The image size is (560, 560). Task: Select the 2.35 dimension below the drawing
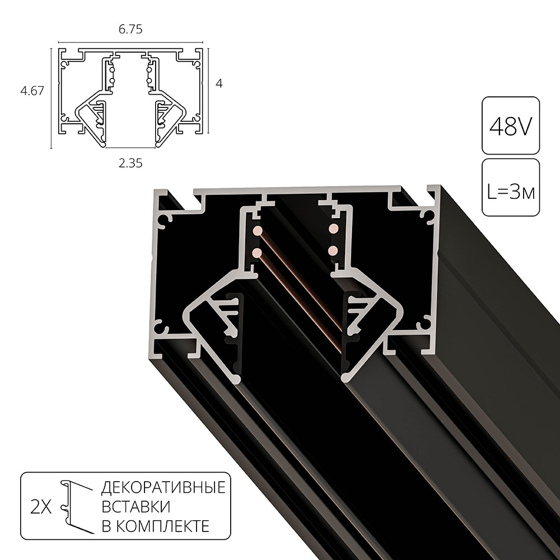click(130, 163)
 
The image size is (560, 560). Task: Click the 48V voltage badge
click(510, 127)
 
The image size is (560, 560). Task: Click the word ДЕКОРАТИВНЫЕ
click(163, 487)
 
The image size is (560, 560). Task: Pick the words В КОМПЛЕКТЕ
click(156, 526)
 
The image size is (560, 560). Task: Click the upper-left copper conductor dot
click(256, 230)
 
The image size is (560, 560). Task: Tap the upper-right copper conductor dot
click(333, 228)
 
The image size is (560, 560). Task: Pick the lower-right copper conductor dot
click(333, 250)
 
